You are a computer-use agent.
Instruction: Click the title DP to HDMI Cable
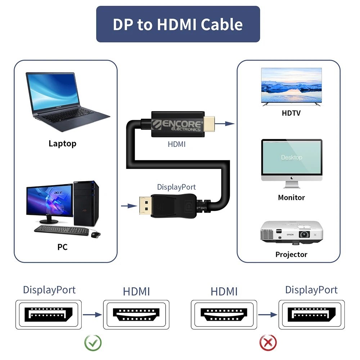pyautogui.click(x=178, y=24)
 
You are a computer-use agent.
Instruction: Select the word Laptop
pyautogui.click(x=62, y=144)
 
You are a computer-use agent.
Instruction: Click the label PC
pyautogui.click(x=62, y=247)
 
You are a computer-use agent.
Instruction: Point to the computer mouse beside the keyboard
pyautogui.click(x=95, y=234)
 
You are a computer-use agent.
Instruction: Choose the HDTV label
pyautogui.click(x=291, y=113)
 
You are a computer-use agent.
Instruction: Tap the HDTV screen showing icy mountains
pyautogui.click(x=291, y=85)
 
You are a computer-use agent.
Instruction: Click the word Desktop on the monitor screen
pyautogui.click(x=292, y=157)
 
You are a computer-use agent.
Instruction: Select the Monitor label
pyautogui.click(x=291, y=197)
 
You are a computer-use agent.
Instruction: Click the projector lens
pyautogui.click(x=305, y=234)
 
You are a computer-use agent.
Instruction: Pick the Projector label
pyautogui.click(x=291, y=255)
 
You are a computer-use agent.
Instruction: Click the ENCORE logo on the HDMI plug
pyautogui.click(x=177, y=125)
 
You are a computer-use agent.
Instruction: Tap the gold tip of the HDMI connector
pyautogui.click(x=209, y=124)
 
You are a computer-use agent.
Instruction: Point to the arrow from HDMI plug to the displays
pyautogui.click(x=225, y=124)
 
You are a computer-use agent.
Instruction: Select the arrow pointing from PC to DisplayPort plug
pyautogui.click(x=129, y=206)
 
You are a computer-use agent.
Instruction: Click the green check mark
pyautogui.click(x=93, y=343)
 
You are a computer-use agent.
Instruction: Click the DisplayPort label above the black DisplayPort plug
pyautogui.click(x=176, y=187)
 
